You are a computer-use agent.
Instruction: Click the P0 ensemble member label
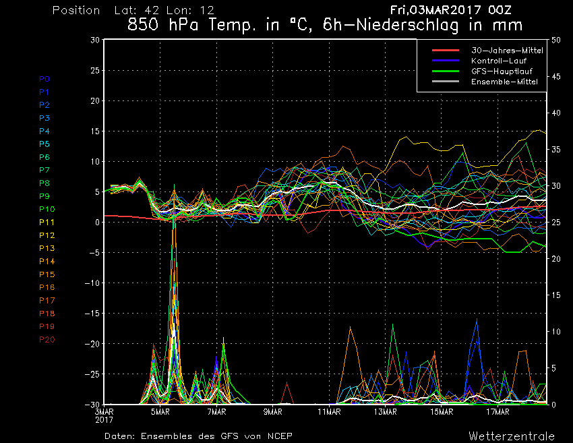tap(44, 79)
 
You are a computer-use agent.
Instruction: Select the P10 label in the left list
tap(47, 209)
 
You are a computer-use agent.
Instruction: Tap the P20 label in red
tap(47, 340)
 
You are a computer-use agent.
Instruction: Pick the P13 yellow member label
tap(47, 248)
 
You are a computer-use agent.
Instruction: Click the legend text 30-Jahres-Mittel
tap(507, 51)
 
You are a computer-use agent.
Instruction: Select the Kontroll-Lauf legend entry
tap(499, 61)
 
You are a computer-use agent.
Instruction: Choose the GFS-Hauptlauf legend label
tap(502, 71)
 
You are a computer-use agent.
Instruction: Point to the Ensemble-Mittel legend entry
tap(504, 82)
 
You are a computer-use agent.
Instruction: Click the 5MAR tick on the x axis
tap(160, 412)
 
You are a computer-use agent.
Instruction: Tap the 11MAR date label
tap(329, 412)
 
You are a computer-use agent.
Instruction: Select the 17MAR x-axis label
tap(497, 412)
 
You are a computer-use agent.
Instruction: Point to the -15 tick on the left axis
tap(92, 314)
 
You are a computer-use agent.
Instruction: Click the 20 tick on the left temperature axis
tap(95, 100)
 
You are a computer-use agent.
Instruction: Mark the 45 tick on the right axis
tap(556, 76)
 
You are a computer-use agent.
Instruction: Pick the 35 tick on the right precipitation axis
tap(556, 150)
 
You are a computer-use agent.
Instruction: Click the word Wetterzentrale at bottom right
tap(512, 436)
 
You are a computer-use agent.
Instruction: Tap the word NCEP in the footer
tap(280, 436)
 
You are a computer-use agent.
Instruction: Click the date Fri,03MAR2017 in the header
tap(435, 10)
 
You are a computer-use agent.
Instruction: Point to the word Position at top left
tap(76, 10)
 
